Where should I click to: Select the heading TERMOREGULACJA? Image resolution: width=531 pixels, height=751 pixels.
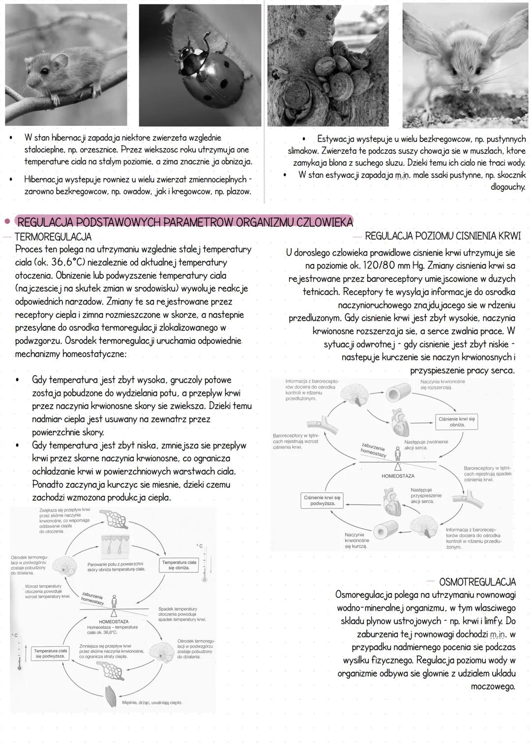[53, 237]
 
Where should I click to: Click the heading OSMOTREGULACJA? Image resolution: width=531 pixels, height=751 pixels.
[477, 582]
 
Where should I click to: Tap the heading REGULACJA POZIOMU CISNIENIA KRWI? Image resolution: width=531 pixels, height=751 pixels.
[442, 236]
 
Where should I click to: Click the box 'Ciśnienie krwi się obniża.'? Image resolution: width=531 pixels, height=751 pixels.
[457, 422]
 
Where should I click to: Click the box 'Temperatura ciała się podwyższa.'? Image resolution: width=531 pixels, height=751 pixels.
[50, 654]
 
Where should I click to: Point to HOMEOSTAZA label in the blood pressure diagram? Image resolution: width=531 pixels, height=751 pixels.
[398, 476]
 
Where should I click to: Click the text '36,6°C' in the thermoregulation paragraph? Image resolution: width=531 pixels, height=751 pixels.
[71, 262]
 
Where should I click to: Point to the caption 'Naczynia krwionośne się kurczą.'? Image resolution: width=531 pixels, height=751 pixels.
[355, 540]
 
